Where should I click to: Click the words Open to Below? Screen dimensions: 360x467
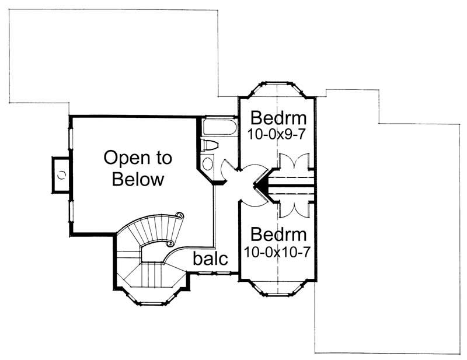point(138,168)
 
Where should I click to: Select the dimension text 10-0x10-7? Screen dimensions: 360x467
point(279,252)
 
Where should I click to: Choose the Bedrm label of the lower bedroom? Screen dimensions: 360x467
point(278,235)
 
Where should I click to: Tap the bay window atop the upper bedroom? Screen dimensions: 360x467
point(277,88)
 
